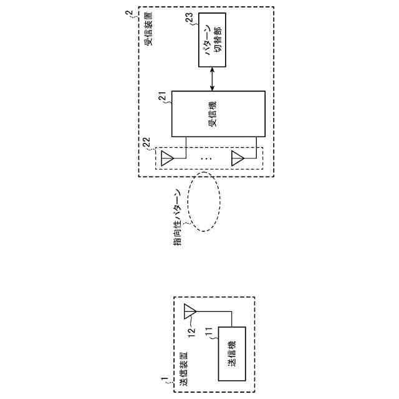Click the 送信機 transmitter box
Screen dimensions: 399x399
point(231,352)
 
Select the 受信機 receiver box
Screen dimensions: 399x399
point(218,113)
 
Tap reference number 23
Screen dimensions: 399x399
point(190,18)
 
